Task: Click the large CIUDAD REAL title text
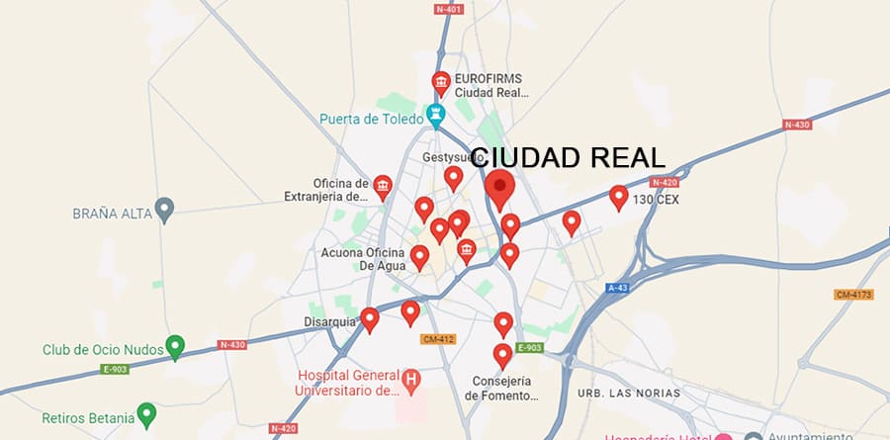(568, 159)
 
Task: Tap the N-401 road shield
(450, 9)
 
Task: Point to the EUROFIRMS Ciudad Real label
(491, 85)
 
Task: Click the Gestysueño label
(446, 157)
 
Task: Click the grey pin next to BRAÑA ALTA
(166, 209)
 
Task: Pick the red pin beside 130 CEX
(619, 197)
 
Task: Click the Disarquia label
(328, 320)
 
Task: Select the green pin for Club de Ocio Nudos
(175, 346)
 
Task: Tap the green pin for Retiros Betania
(146, 413)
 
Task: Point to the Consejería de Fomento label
(502, 389)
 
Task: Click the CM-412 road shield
(437, 339)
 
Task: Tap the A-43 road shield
(618, 288)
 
